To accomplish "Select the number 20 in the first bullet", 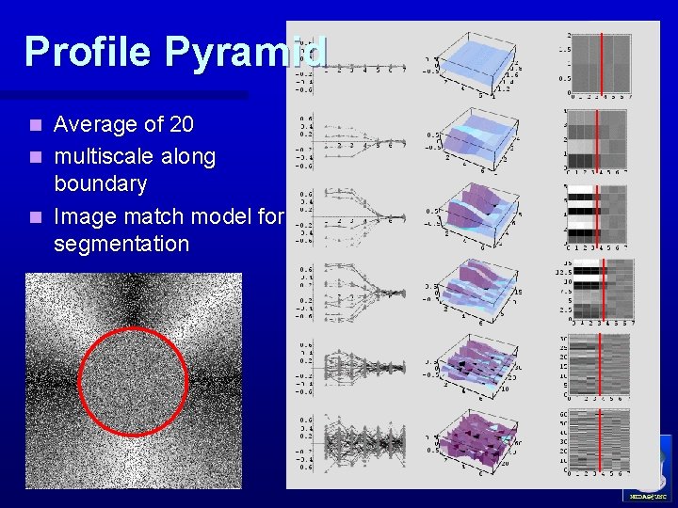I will pos(176,124).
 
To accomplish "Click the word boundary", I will pos(100,183).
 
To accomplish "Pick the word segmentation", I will pos(121,244).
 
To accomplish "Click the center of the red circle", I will pos(133,382).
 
